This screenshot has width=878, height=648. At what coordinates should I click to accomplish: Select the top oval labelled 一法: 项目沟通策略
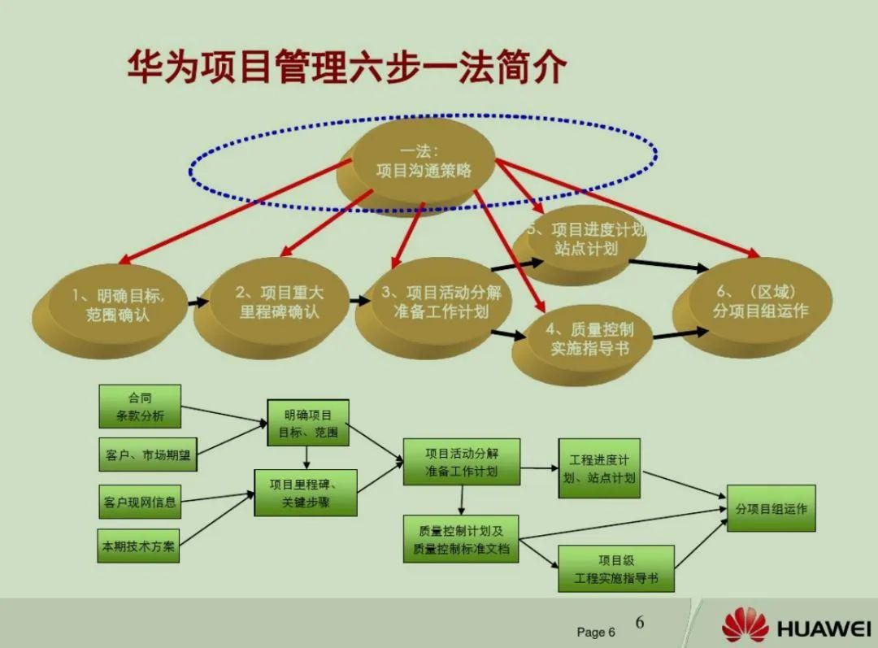point(424,162)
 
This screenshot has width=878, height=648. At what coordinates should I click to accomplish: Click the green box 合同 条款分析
point(139,407)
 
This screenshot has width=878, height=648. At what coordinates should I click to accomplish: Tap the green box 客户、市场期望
point(147,455)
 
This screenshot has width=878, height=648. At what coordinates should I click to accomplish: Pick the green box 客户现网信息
point(139,502)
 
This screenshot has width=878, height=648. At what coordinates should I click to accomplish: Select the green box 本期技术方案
point(137,546)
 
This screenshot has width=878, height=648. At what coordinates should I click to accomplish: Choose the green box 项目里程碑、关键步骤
point(305,493)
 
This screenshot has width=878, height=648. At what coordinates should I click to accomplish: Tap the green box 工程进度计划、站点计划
point(599,468)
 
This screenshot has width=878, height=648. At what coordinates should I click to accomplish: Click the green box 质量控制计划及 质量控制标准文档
point(461,538)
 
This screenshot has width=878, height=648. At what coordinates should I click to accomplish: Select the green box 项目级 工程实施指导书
point(615,568)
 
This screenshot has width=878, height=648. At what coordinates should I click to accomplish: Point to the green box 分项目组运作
point(771,509)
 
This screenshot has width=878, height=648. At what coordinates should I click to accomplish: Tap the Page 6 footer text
point(596,632)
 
